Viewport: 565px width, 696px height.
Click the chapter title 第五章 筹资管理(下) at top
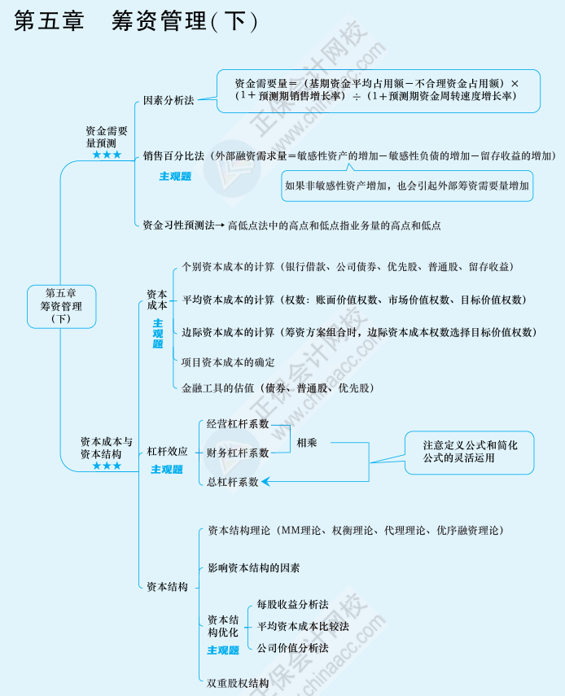[x=136, y=21]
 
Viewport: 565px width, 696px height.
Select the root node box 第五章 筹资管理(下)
[x=61, y=306]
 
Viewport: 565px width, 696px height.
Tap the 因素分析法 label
[x=169, y=101]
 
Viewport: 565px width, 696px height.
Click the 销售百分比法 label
[x=173, y=155]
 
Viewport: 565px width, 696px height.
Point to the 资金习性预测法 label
[x=178, y=225]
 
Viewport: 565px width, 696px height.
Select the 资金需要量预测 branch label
[x=107, y=137]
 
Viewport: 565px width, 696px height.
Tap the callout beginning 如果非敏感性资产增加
[x=407, y=186]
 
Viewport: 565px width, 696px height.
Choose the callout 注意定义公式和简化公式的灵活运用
[x=470, y=452]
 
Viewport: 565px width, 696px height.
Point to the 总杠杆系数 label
[x=232, y=482]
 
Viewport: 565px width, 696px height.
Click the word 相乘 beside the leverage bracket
[x=307, y=443]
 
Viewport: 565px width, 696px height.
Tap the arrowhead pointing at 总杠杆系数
[x=266, y=482]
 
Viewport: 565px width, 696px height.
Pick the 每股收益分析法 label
[x=292, y=604]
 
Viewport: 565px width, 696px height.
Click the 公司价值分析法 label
[x=292, y=648]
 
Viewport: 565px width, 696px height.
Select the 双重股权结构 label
[x=238, y=682]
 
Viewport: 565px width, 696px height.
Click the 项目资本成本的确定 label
[x=228, y=361]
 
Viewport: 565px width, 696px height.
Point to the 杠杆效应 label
[x=167, y=451]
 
